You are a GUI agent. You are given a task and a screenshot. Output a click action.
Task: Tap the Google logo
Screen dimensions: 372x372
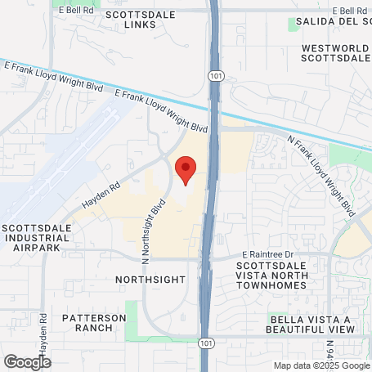tap(27, 361)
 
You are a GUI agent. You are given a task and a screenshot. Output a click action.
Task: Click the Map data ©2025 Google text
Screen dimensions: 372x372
tap(321, 365)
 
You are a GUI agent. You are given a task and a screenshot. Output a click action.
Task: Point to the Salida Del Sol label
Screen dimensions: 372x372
tap(332, 20)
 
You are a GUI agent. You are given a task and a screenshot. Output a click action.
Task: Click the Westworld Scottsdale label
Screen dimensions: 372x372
tap(336, 53)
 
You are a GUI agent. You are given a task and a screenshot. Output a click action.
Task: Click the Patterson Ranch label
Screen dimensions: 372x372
tap(95, 322)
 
